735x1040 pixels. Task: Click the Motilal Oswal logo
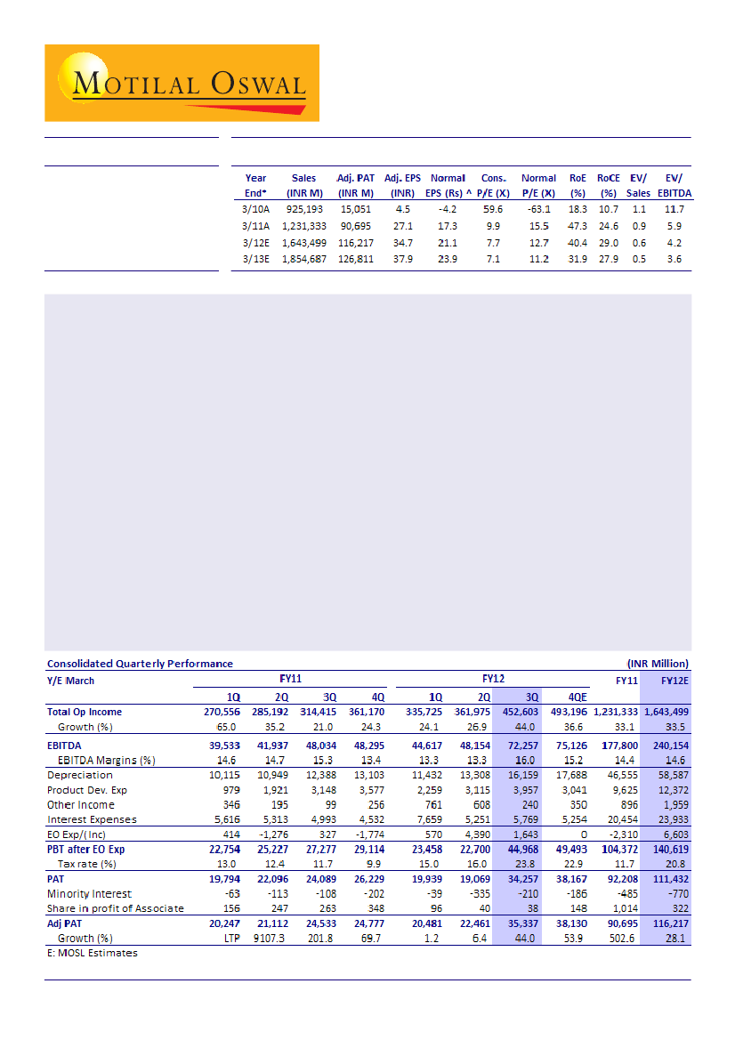point(182,83)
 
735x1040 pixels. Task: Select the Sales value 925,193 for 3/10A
point(303,208)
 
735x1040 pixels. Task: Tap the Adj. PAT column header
point(355,185)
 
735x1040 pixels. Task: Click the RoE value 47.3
point(576,225)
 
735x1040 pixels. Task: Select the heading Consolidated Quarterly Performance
point(140,663)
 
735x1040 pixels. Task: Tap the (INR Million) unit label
point(658,663)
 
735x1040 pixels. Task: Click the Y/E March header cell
point(70,681)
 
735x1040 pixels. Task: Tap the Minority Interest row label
point(89,893)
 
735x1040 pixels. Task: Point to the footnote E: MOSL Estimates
point(93,953)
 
